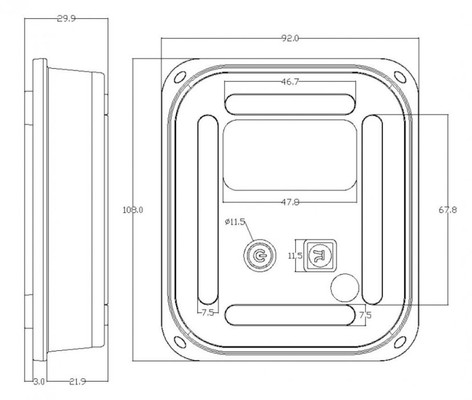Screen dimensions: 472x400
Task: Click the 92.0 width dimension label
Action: (x=290, y=38)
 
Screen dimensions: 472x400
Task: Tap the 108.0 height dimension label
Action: (x=133, y=210)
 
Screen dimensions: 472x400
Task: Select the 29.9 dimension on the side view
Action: (x=66, y=19)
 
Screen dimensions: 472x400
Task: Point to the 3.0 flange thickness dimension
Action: (x=39, y=382)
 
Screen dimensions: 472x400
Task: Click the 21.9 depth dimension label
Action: (x=77, y=382)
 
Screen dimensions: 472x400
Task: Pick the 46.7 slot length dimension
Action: (x=290, y=82)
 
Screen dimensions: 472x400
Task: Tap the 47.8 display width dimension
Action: (x=290, y=202)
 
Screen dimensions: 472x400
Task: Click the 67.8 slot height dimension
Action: (x=447, y=210)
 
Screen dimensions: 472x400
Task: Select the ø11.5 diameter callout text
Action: (x=235, y=222)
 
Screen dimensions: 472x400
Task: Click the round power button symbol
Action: (x=259, y=256)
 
